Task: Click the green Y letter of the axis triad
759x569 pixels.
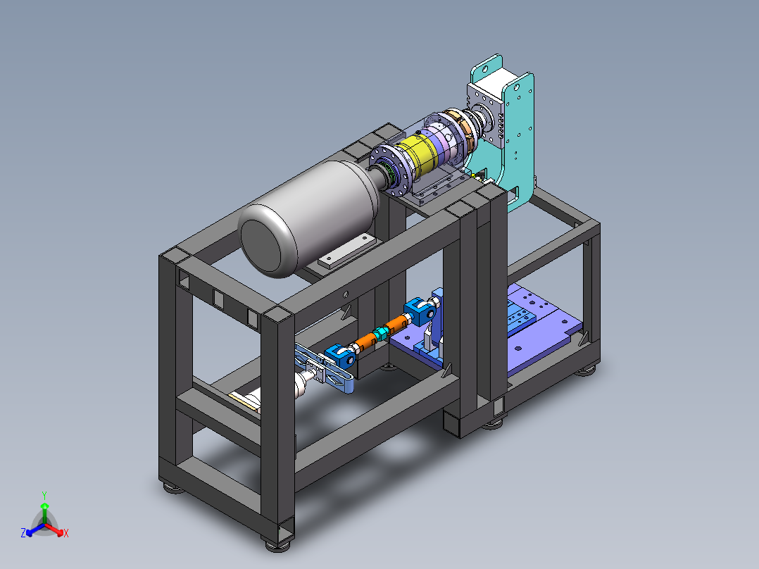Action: click(44, 495)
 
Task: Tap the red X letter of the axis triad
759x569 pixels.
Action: click(66, 533)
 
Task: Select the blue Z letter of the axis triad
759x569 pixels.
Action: click(23, 532)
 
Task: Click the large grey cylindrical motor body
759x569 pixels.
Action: click(310, 218)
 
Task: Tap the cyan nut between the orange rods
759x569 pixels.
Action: click(380, 332)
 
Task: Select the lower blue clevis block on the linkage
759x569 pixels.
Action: click(340, 356)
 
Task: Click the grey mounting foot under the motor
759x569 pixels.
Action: click(347, 251)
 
